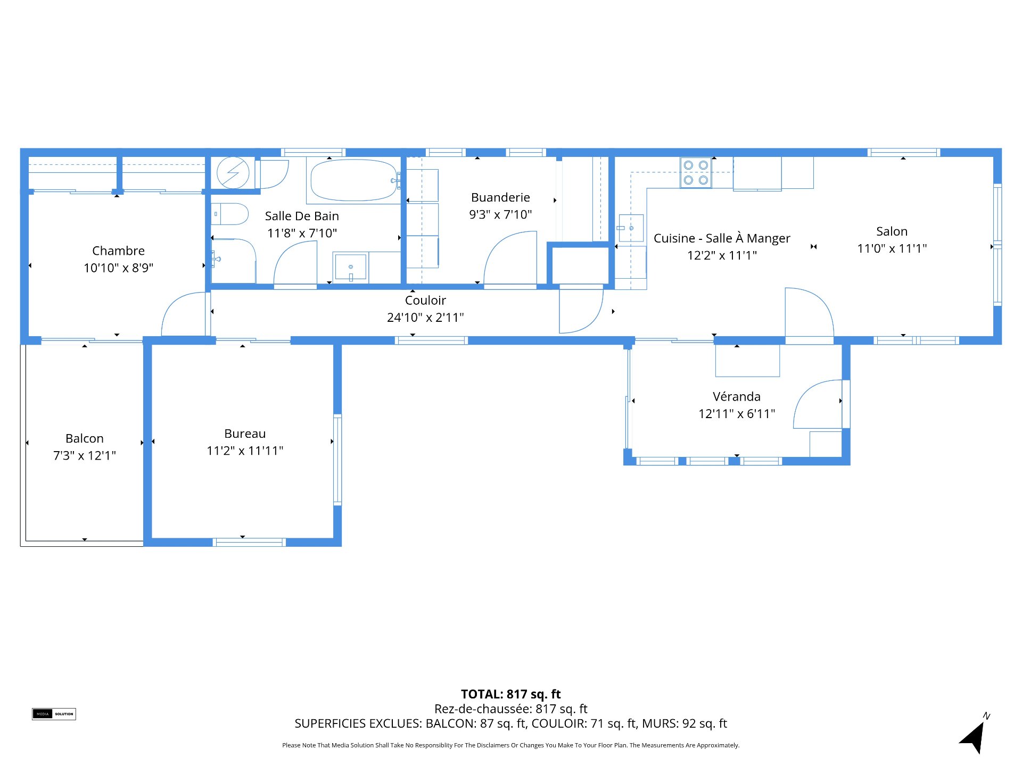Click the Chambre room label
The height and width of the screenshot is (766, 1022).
pos(118,251)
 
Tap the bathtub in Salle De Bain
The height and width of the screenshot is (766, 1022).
pos(354,180)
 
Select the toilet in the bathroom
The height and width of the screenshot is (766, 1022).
pos(230,214)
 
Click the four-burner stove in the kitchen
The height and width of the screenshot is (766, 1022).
pos(696,173)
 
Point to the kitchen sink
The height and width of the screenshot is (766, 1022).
pos(631,228)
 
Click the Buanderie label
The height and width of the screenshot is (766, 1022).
pos(500,197)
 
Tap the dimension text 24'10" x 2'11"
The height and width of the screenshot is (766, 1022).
pos(425,318)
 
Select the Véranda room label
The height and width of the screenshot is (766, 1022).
pos(737,396)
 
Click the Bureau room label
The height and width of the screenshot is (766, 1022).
pos(245,434)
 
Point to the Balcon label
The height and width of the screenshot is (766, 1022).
pos(85,438)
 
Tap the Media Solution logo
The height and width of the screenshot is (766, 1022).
pos(54,714)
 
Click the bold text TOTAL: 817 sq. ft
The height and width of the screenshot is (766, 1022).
pos(511,694)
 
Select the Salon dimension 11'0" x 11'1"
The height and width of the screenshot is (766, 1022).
pos(892,248)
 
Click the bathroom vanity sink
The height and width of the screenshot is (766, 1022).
pos(351,267)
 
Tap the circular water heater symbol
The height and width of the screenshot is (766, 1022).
pos(233,172)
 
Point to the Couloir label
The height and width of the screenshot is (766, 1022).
pos(425,300)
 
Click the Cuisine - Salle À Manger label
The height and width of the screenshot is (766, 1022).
pos(722,238)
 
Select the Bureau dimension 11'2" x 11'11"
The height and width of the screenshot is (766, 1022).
pos(245,451)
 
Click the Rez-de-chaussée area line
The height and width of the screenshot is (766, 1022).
pos(511,709)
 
